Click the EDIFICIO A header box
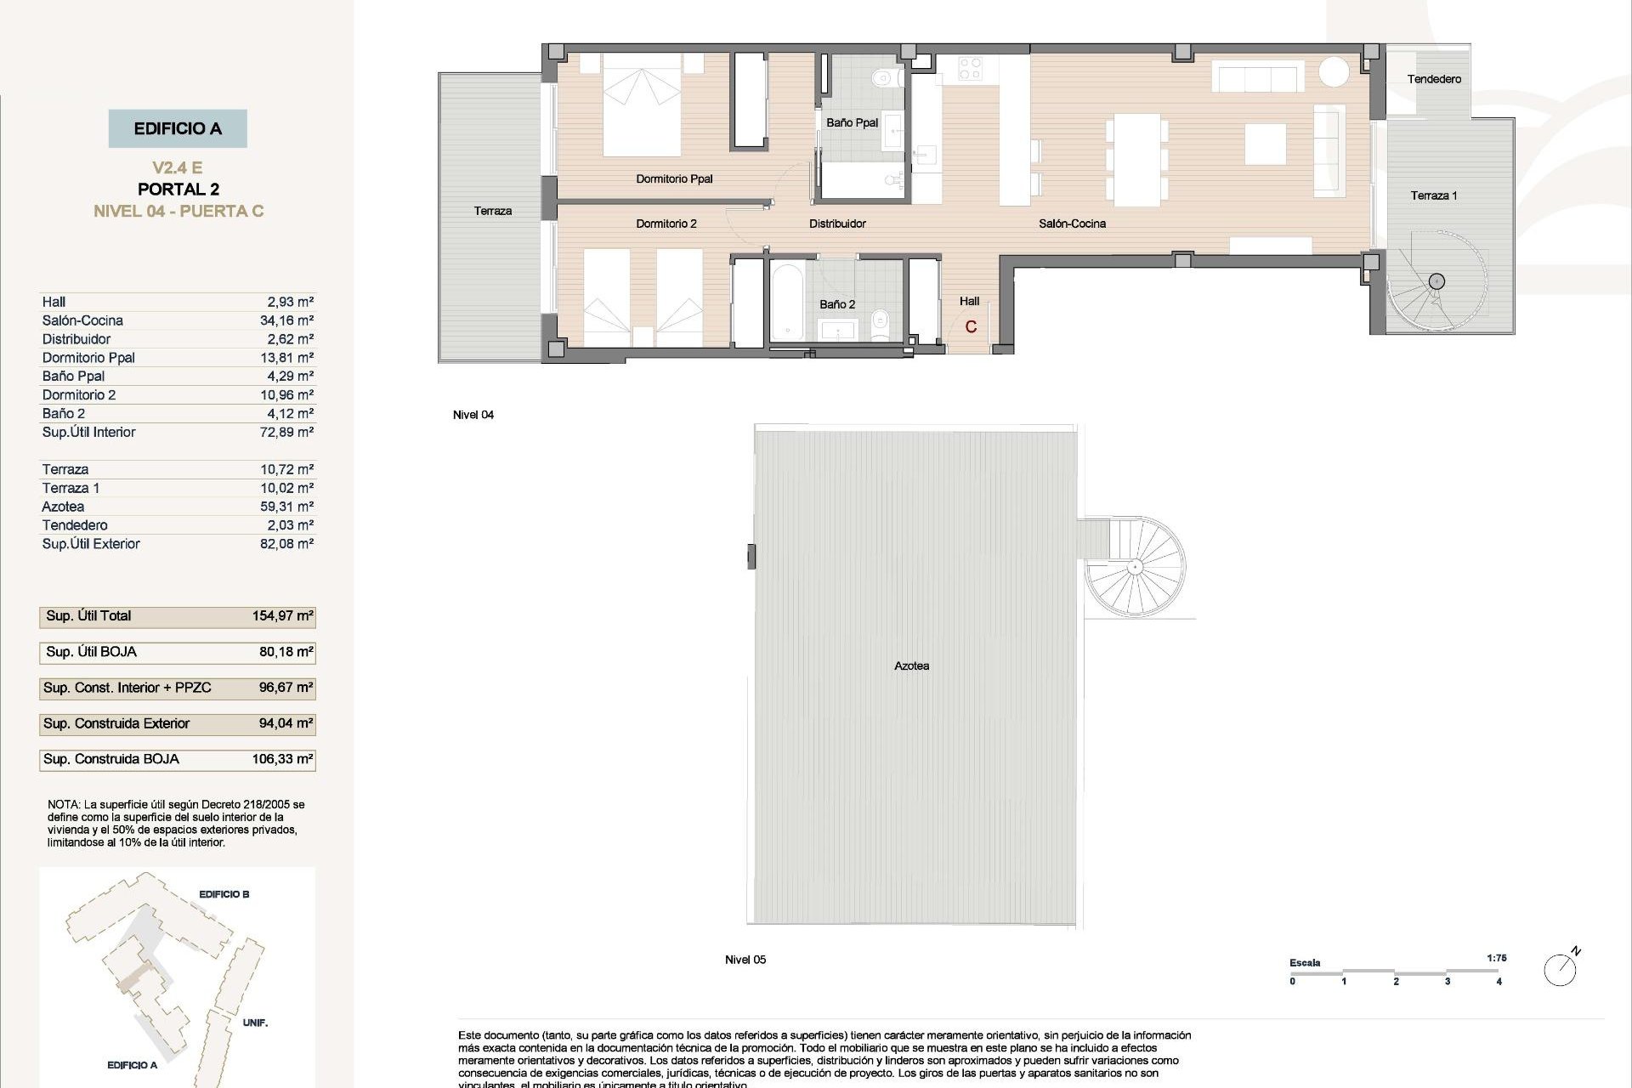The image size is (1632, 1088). point(178,129)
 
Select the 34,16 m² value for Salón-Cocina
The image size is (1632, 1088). point(286,320)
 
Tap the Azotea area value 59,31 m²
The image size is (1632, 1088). point(286,507)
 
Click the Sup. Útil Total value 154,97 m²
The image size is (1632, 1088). point(282,616)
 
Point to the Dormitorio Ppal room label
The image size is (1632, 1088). point(674,179)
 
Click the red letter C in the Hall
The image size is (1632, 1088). point(971,327)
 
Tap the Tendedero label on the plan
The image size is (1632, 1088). point(1434,79)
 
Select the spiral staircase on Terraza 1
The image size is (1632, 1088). point(1436,281)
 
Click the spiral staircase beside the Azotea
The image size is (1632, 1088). point(1134,567)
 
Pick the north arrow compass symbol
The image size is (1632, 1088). point(1561,969)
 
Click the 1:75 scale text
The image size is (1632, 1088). point(1497,958)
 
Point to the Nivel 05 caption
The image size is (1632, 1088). point(745,960)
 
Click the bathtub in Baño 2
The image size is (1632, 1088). point(786,303)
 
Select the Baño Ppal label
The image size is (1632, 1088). point(852,123)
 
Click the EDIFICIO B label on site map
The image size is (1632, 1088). point(224,894)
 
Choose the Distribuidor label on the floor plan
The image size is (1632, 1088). point(837,224)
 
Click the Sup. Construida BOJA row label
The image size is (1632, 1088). point(111,759)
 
